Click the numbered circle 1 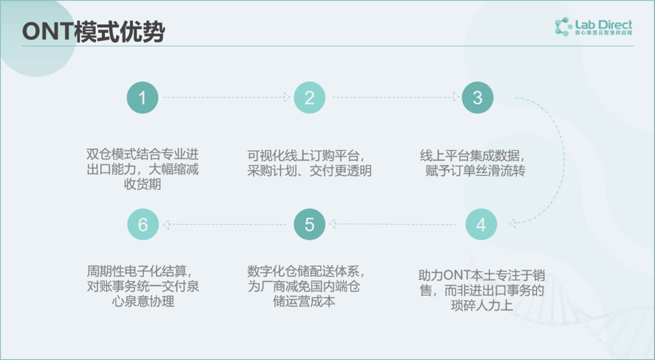point(143,98)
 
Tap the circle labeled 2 point(309,98)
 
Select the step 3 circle point(477,98)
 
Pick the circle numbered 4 point(481,224)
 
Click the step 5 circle point(309,224)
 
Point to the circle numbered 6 point(143,224)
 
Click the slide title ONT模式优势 point(93,32)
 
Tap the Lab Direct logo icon point(563,27)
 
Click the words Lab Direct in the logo point(603,24)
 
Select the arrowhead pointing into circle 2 point(286,98)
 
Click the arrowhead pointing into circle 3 point(455,98)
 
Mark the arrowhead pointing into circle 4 point(512,224)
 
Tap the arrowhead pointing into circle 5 point(332,224)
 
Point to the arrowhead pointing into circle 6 point(166,225)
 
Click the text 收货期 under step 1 point(143,184)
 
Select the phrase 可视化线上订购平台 point(303,156)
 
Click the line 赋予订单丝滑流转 point(475,170)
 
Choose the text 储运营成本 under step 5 point(304,301)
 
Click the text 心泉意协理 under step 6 point(143,301)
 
